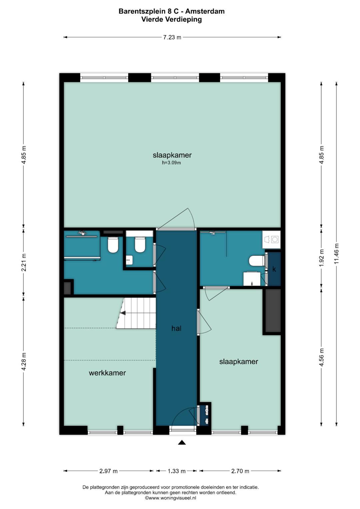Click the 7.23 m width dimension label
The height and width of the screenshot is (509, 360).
click(172, 37)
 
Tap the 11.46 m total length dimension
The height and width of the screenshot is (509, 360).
click(336, 253)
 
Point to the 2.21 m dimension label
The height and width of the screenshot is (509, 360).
click(24, 262)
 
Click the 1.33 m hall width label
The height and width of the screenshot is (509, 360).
click(177, 471)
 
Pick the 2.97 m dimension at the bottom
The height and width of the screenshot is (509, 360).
click(108, 471)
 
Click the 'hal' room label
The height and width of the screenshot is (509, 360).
click(176, 328)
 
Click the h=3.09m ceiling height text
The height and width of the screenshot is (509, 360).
click(171, 163)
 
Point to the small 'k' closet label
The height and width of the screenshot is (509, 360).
click(274, 269)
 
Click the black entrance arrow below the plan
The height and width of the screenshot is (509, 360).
click(182, 442)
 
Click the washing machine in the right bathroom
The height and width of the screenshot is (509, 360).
click(271, 240)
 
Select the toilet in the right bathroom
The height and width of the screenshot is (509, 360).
click(257, 260)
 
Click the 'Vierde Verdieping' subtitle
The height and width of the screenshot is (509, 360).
click(172, 20)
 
